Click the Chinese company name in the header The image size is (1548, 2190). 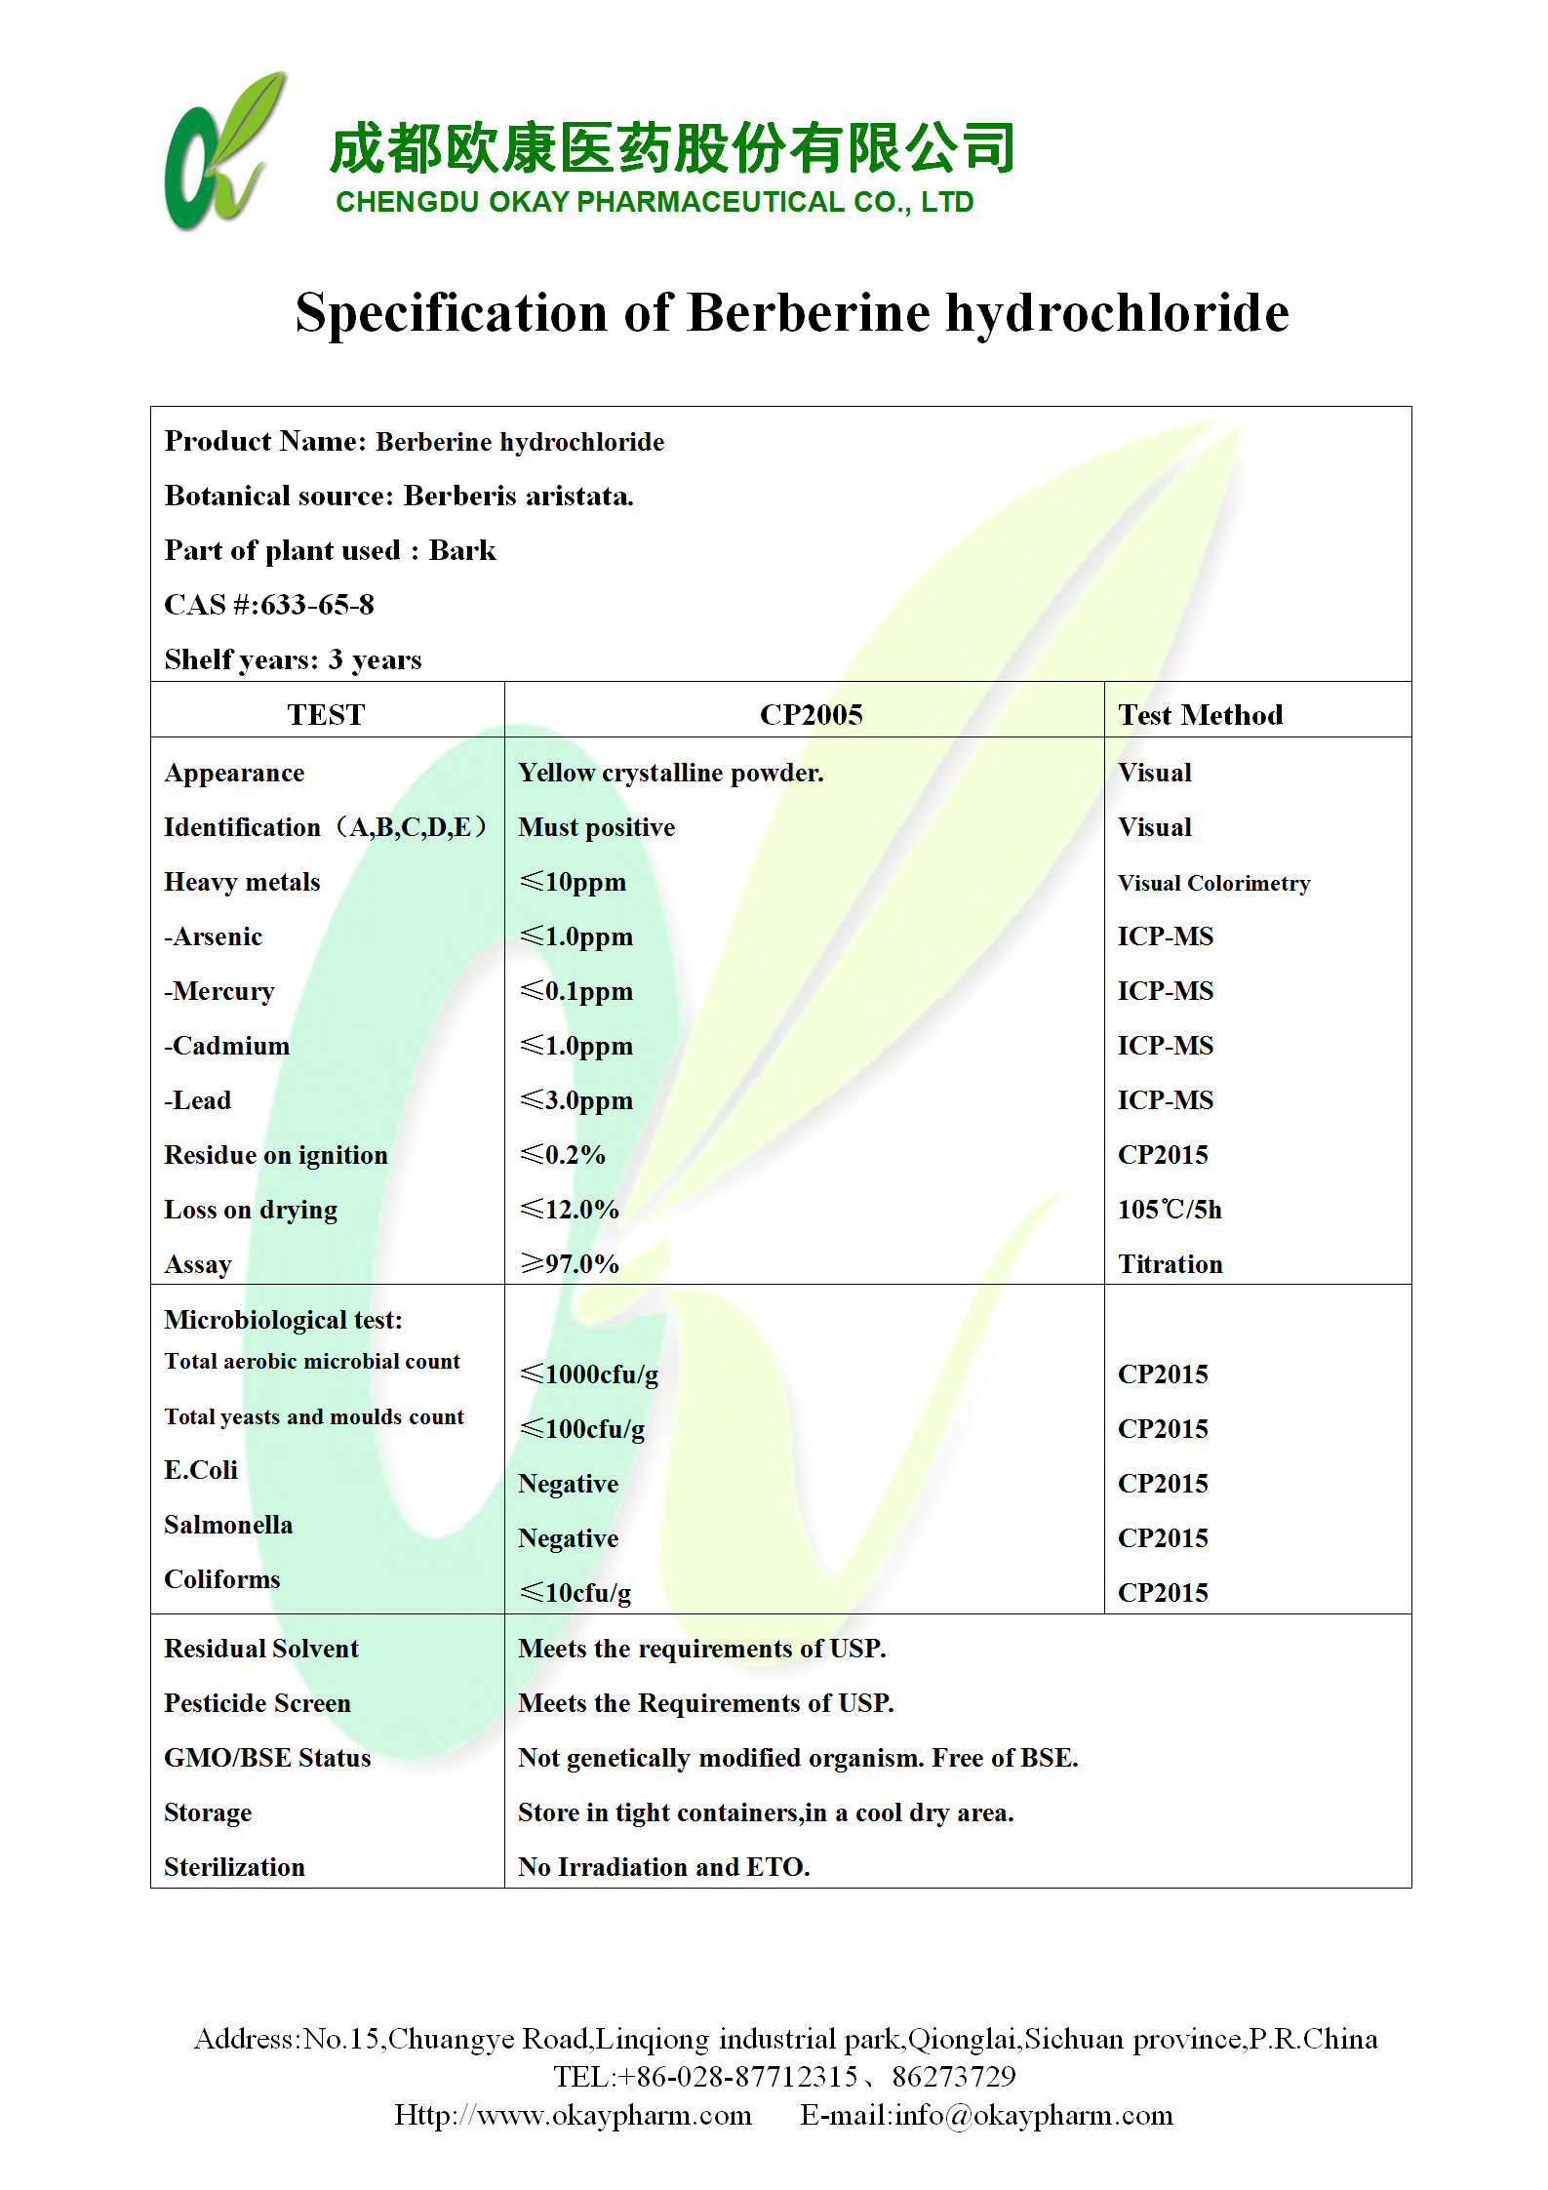pos(672,149)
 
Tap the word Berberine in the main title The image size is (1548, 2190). pos(809,314)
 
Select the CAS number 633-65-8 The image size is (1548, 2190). pos(317,606)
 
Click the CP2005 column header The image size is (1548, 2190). pos(811,715)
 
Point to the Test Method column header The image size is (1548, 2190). pos(1200,715)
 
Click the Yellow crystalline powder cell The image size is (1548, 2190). pos(670,774)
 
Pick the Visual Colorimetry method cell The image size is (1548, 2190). pos(1213,884)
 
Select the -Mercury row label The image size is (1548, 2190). pos(219,992)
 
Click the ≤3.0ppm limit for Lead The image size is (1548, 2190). pos(576,1101)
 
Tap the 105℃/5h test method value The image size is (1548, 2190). pos(1170,1211)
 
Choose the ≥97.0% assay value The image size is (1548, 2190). pos(570,1265)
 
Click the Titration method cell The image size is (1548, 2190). pos(1170,1265)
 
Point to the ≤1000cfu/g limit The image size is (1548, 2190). pos(589,1375)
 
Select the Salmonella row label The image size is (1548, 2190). pos(228,1526)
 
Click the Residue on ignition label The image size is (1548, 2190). pos(276,1156)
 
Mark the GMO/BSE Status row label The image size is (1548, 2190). pos(267,1759)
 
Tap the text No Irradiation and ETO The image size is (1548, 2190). pos(663,1868)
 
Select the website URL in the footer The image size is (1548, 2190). pos(573,2116)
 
